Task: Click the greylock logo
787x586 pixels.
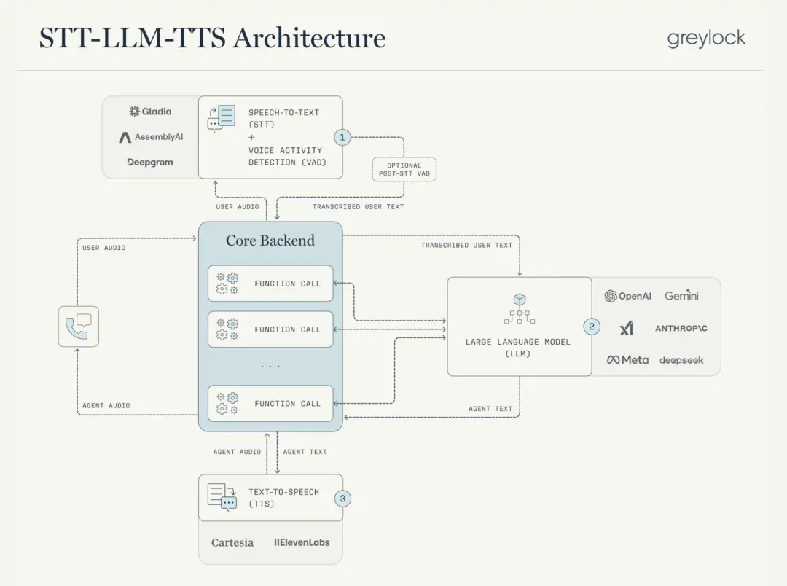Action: [x=706, y=39]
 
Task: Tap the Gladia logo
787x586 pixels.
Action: [x=150, y=112]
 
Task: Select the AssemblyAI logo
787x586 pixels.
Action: [x=151, y=137]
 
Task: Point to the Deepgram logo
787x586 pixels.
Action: [x=150, y=163]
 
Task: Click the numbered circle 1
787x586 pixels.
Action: [x=342, y=137]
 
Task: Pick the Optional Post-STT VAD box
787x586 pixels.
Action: [x=404, y=169]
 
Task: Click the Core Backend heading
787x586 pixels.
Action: [x=270, y=241]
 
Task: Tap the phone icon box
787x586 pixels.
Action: [x=78, y=327]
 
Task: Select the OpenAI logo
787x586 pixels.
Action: [x=628, y=296]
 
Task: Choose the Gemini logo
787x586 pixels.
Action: [x=681, y=295]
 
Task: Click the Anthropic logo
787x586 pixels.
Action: [x=681, y=329]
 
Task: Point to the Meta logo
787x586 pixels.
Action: [x=627, y=360]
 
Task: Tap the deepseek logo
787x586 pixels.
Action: [x=681, y=360]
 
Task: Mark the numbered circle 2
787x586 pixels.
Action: [x=592, y=327]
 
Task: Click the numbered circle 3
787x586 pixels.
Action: [x=342, y=499]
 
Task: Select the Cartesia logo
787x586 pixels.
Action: [x=232, y=542]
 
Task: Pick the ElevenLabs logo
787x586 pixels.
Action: [x=302, y=542]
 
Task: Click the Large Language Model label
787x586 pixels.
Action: [x=518, y=348]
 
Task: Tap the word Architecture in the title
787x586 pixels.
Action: [x=310, y=38]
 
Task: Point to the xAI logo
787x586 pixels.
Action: [x=627, y=329]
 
